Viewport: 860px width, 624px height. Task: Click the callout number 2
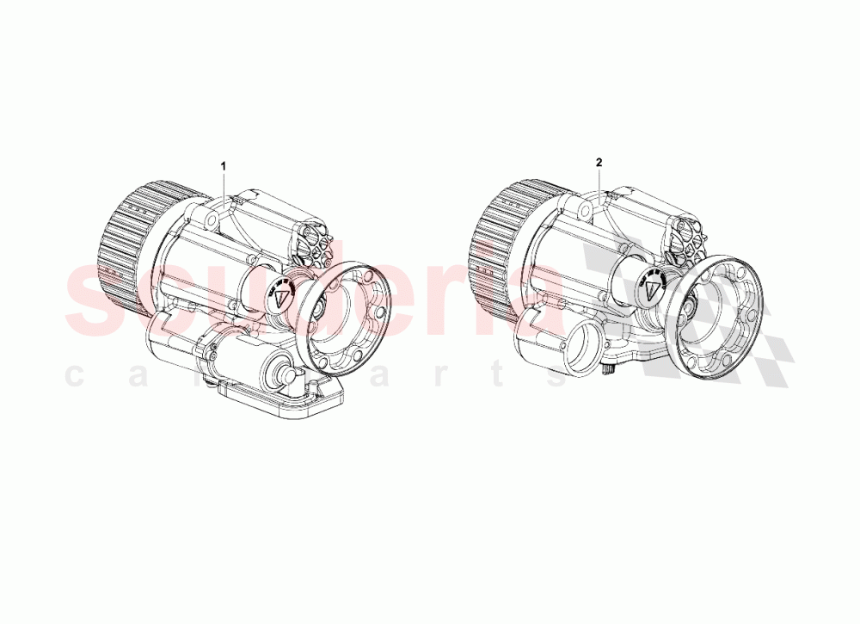[x=599, y=162]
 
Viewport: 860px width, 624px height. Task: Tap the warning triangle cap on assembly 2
[x=653, y=287]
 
